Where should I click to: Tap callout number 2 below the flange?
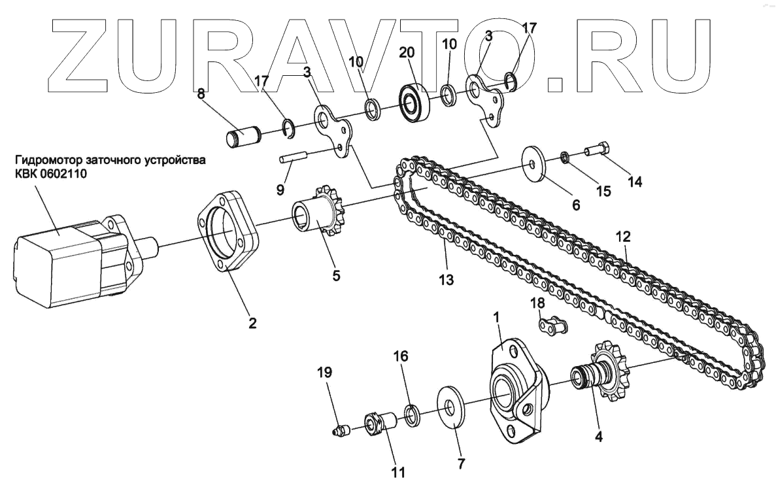pos(252,322)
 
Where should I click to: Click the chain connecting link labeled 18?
pos(552,325)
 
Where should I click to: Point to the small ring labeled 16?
pos(413,414)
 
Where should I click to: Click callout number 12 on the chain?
pos(624,235)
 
